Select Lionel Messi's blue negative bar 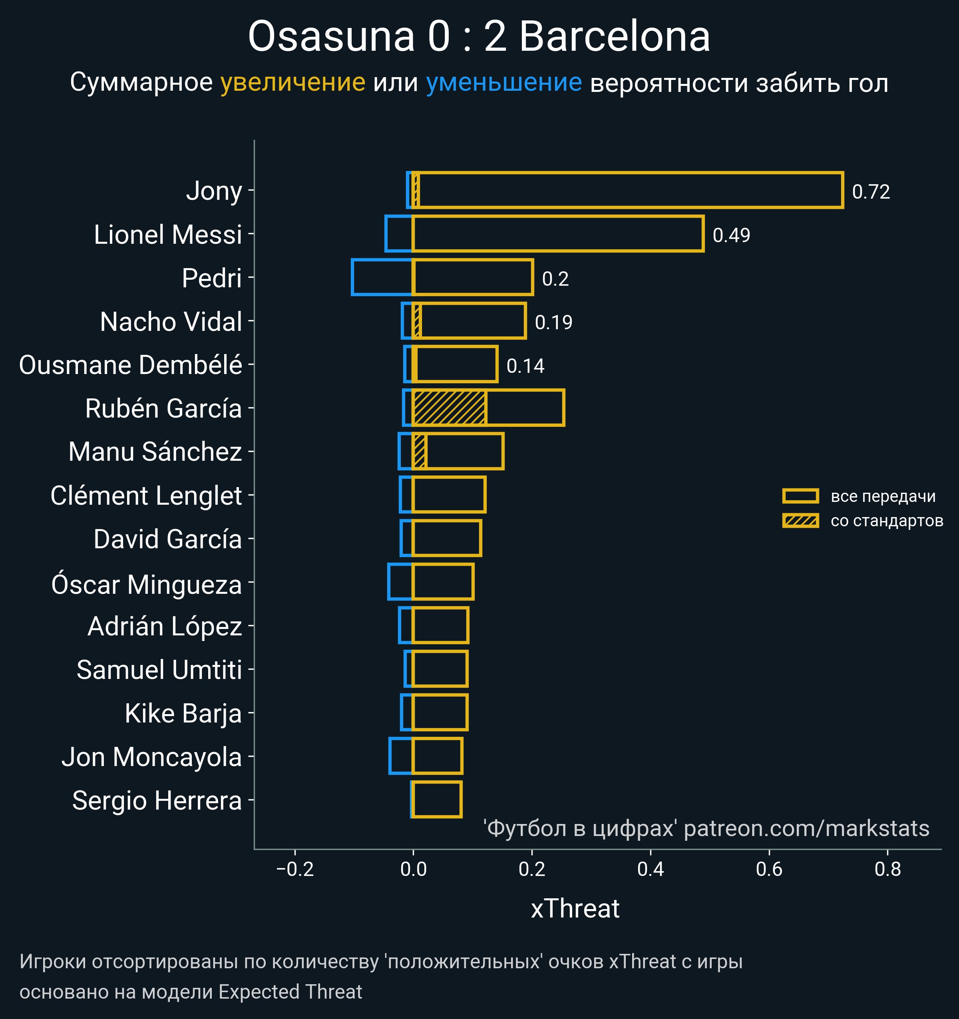(x=399, y=234)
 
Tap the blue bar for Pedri (x=382, y=277)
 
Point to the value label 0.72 (x=870, y=192)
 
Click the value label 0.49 (x=731, y=235)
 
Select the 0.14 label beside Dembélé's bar (x=525, y=366)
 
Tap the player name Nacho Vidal (x=171, y=322)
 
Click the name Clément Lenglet (x=146, y=496)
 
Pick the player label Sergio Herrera (x=157, y=801)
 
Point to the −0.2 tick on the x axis (x=295, y=869)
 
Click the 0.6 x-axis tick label (x=769, y=869)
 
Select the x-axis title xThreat (x=575, y=909)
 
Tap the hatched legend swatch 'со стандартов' (x=800, y=521)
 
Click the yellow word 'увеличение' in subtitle (x=292, y=83)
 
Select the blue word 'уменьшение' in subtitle (x=504, y=83)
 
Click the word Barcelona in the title (x=615, y=37)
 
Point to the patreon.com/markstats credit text (x=806, y=828)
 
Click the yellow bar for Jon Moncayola (x=437, y=756)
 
